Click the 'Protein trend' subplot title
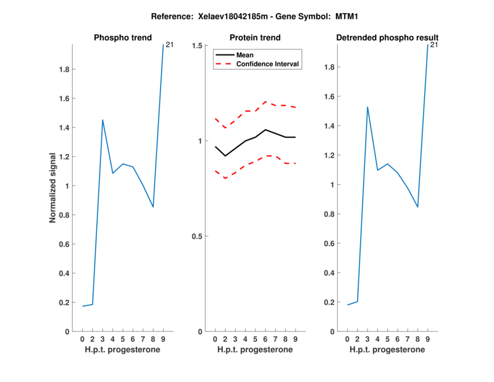tap(255, 38)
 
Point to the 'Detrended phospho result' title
tap(387, 38)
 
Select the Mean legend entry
tap(245, 55)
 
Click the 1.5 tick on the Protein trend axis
tap(198, 46)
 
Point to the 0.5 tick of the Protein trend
tap(198, 236)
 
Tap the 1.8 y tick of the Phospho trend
tap(64, 70)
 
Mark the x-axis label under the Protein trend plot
tap(255, 350)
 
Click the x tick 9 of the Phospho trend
tap(163, 339)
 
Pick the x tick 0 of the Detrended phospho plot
tap(347, 339)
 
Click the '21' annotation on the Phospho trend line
tap(169, 45)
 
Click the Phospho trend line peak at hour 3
tap(103, 120)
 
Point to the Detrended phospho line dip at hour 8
tap(417, 206)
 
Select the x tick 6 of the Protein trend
tap(265, 339)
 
